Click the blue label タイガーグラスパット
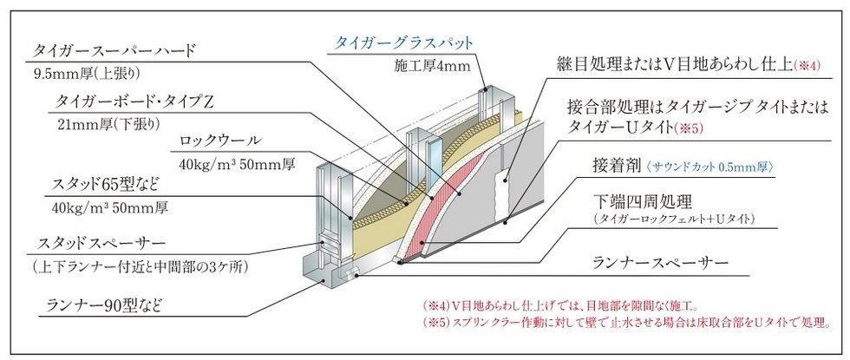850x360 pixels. tap(404, 43)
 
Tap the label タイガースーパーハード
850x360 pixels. tap(114, 51)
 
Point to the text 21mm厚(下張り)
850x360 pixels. tap(109, 124)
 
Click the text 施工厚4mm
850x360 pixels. tap(433, 67)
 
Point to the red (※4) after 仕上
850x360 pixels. tap(807, 66)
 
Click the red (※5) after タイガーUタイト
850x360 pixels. tap(689, 128)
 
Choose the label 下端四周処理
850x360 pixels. tap(643, 203)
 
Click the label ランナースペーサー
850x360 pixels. tap(660, 264)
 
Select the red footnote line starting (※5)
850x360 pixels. tap(627, 323)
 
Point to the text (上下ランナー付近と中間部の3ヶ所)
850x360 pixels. tap(141, 267)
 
